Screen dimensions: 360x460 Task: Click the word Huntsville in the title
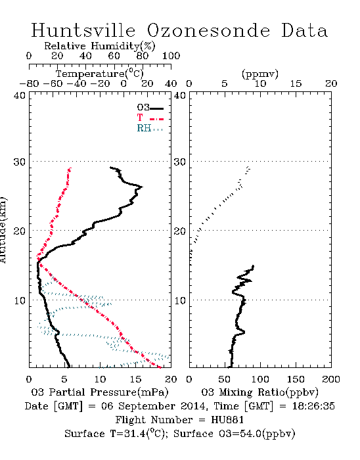pyautogui.click(x=83, y=30)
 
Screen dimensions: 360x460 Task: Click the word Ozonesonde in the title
pyautogui.click(x=208, y=30)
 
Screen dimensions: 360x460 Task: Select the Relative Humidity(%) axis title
pyautogui.click(x=100, y=46)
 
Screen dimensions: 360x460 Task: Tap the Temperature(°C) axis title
pyautogui.click(x=100, y=74)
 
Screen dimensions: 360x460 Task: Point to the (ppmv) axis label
pyautogui.click(x=260, y=74)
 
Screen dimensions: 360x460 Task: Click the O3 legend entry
pyautogui.click(x=150, y=108)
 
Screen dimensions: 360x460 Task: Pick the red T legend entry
pyautogui.click(x=150, y=118)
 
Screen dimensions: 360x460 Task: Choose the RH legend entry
pyautogui.click(x=150, y=128)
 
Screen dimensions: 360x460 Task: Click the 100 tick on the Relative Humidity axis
pyautogui.click(x=171, y=56)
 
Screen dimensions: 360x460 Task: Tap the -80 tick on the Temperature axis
pyautogui.click(x=29, y=84)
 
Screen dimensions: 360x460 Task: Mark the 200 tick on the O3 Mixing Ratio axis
pyautogui.click(x=331, y=379)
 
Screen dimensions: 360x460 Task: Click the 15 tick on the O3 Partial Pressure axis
pyautogui.click(x=135, y=379)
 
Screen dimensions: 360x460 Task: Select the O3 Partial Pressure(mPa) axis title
pyautogui.click(x=100, y=392)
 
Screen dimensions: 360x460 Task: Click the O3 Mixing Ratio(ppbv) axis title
pyautogui.click(x=259, y=392)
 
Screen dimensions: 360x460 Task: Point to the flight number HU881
pyautogui.click(x=227, y=420)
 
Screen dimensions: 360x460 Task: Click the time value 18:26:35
pyautogui.click(x=313, y=406)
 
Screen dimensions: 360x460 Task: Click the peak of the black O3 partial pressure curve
pyautogui.click(x=142, y=187)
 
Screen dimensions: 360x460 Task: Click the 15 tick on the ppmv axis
pyautogui.click(x=296, y=84)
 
